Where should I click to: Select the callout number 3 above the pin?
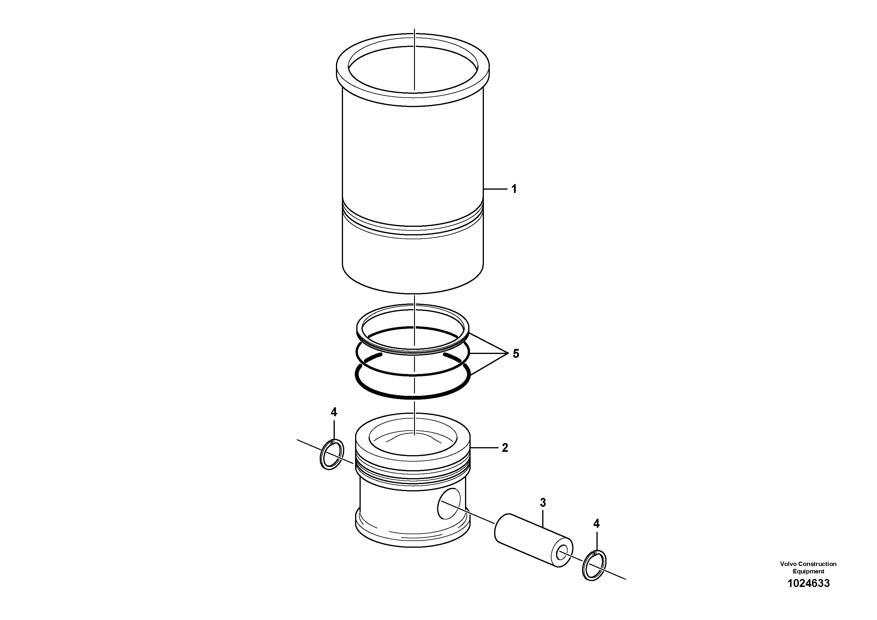tap(543, 503)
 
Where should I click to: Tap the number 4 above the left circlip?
tap(334, 412)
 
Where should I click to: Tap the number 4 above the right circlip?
tap(596, 524)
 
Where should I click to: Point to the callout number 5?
tap(516, 354)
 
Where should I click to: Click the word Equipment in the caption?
tap(808, 571)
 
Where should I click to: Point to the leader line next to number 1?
tap(495, 189)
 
